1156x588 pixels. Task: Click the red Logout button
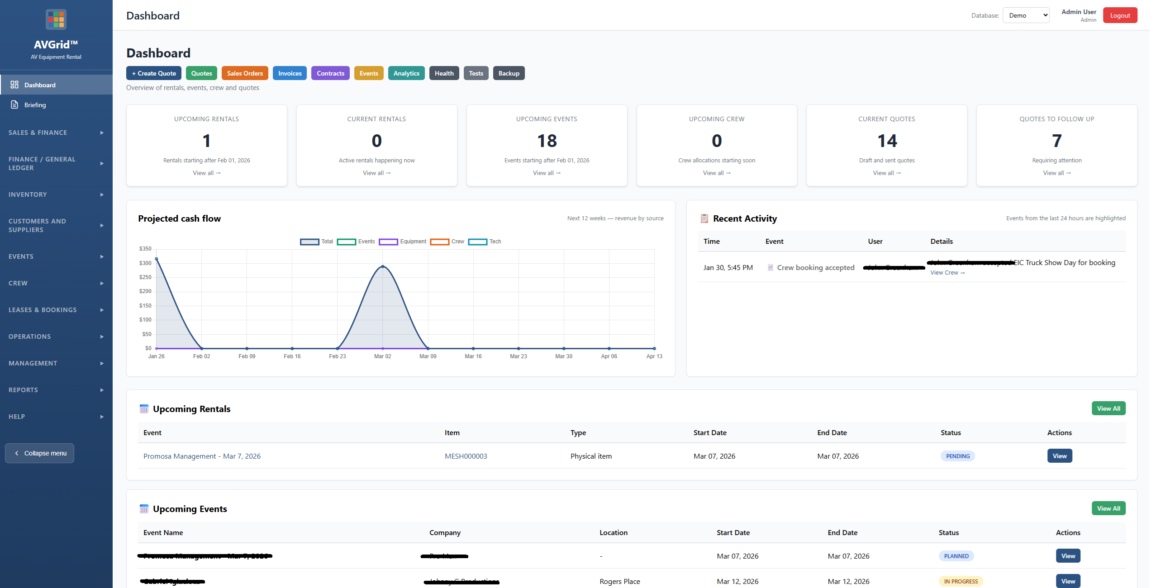click(1119, 15)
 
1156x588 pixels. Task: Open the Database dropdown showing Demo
click(1025, 15)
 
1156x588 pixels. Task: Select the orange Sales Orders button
click(244, 73)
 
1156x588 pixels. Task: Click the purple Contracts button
click(330, 73)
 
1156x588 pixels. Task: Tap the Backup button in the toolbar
click(508, 73)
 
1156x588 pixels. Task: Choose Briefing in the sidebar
click(35, 105)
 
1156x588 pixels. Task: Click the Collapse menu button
click(40, 453)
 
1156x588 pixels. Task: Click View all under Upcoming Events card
click(546, 173)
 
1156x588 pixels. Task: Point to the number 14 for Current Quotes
click(886, 141)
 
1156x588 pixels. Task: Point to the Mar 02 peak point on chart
click(383, 266)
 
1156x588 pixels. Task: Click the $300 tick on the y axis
click(145, 263)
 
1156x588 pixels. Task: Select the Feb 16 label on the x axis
click(292, 356)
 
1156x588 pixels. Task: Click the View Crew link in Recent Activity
click(947, 273)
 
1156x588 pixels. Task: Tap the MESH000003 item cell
click(466, 456)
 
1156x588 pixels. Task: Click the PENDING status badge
click(957, 456)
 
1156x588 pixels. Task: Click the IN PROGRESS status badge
click(960, 581)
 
